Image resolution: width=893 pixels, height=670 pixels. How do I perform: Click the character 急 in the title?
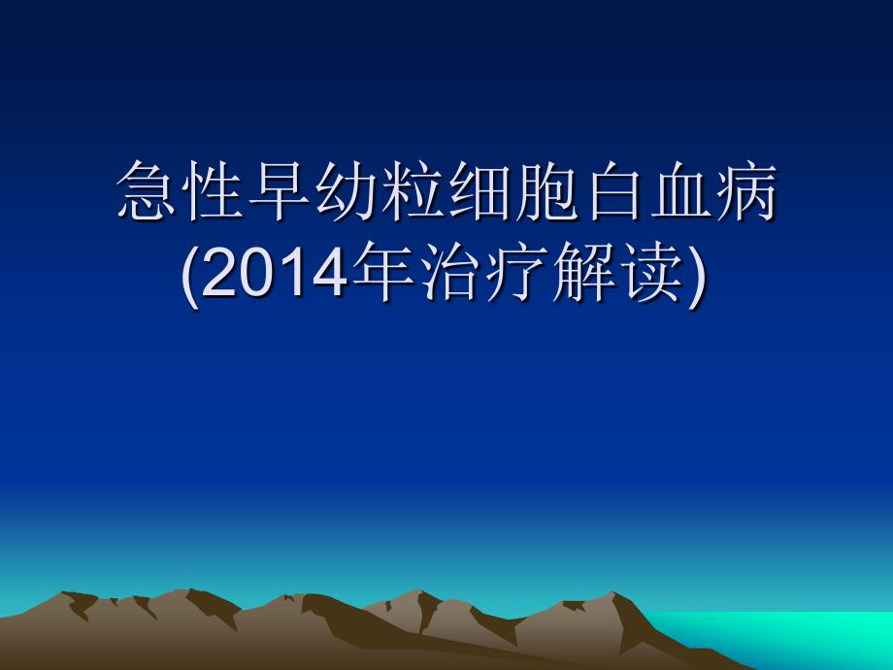(147, 190)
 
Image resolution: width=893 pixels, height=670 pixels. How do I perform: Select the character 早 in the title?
(281, 190)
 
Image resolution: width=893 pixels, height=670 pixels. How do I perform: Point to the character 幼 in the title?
(347, 190)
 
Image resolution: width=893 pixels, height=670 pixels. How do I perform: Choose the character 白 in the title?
(613, 190)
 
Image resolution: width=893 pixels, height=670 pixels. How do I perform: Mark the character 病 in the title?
(746, 190)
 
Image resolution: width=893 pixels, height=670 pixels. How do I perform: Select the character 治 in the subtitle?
(450, 272)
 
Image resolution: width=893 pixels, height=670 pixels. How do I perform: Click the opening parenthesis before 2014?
(191, 277)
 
